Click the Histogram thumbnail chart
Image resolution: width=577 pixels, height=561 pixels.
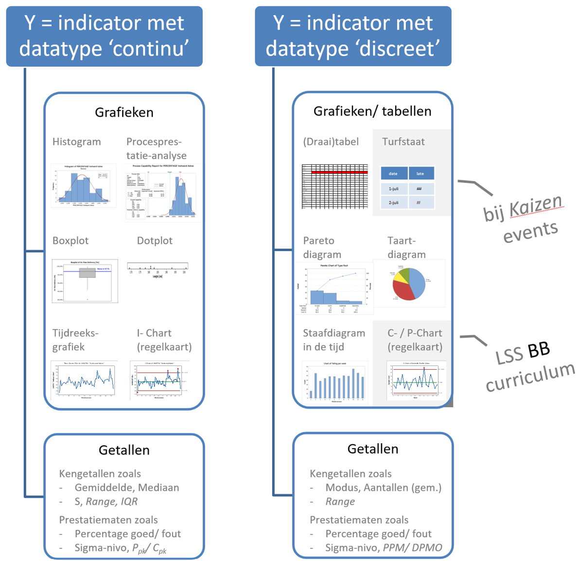tap(83, 186)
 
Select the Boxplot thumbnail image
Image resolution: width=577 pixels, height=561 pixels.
tap(85, 281)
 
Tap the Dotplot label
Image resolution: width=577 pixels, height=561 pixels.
tap(155, 241)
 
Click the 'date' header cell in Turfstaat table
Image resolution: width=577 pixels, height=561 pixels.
tap(393, 174)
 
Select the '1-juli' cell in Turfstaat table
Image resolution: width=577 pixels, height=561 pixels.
tap(393, 189)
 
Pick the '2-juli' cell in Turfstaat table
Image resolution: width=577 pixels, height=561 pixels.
tap(393, 202)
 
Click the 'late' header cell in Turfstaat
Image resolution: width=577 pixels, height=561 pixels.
tap(420, 174)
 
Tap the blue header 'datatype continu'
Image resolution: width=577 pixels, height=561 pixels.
tap(104, 36)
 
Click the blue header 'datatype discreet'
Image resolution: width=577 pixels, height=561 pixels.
tap(353, 36)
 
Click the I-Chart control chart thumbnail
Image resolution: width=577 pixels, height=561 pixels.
tap(159, 380)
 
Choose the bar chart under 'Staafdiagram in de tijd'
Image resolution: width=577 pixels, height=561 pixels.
tap(334, 382)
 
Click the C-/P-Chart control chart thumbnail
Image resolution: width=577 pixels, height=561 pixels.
tap(416, 380)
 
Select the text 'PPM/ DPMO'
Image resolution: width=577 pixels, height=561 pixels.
tap(412, 548)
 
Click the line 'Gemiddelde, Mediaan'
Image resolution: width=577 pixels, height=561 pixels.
tap(126, 488)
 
